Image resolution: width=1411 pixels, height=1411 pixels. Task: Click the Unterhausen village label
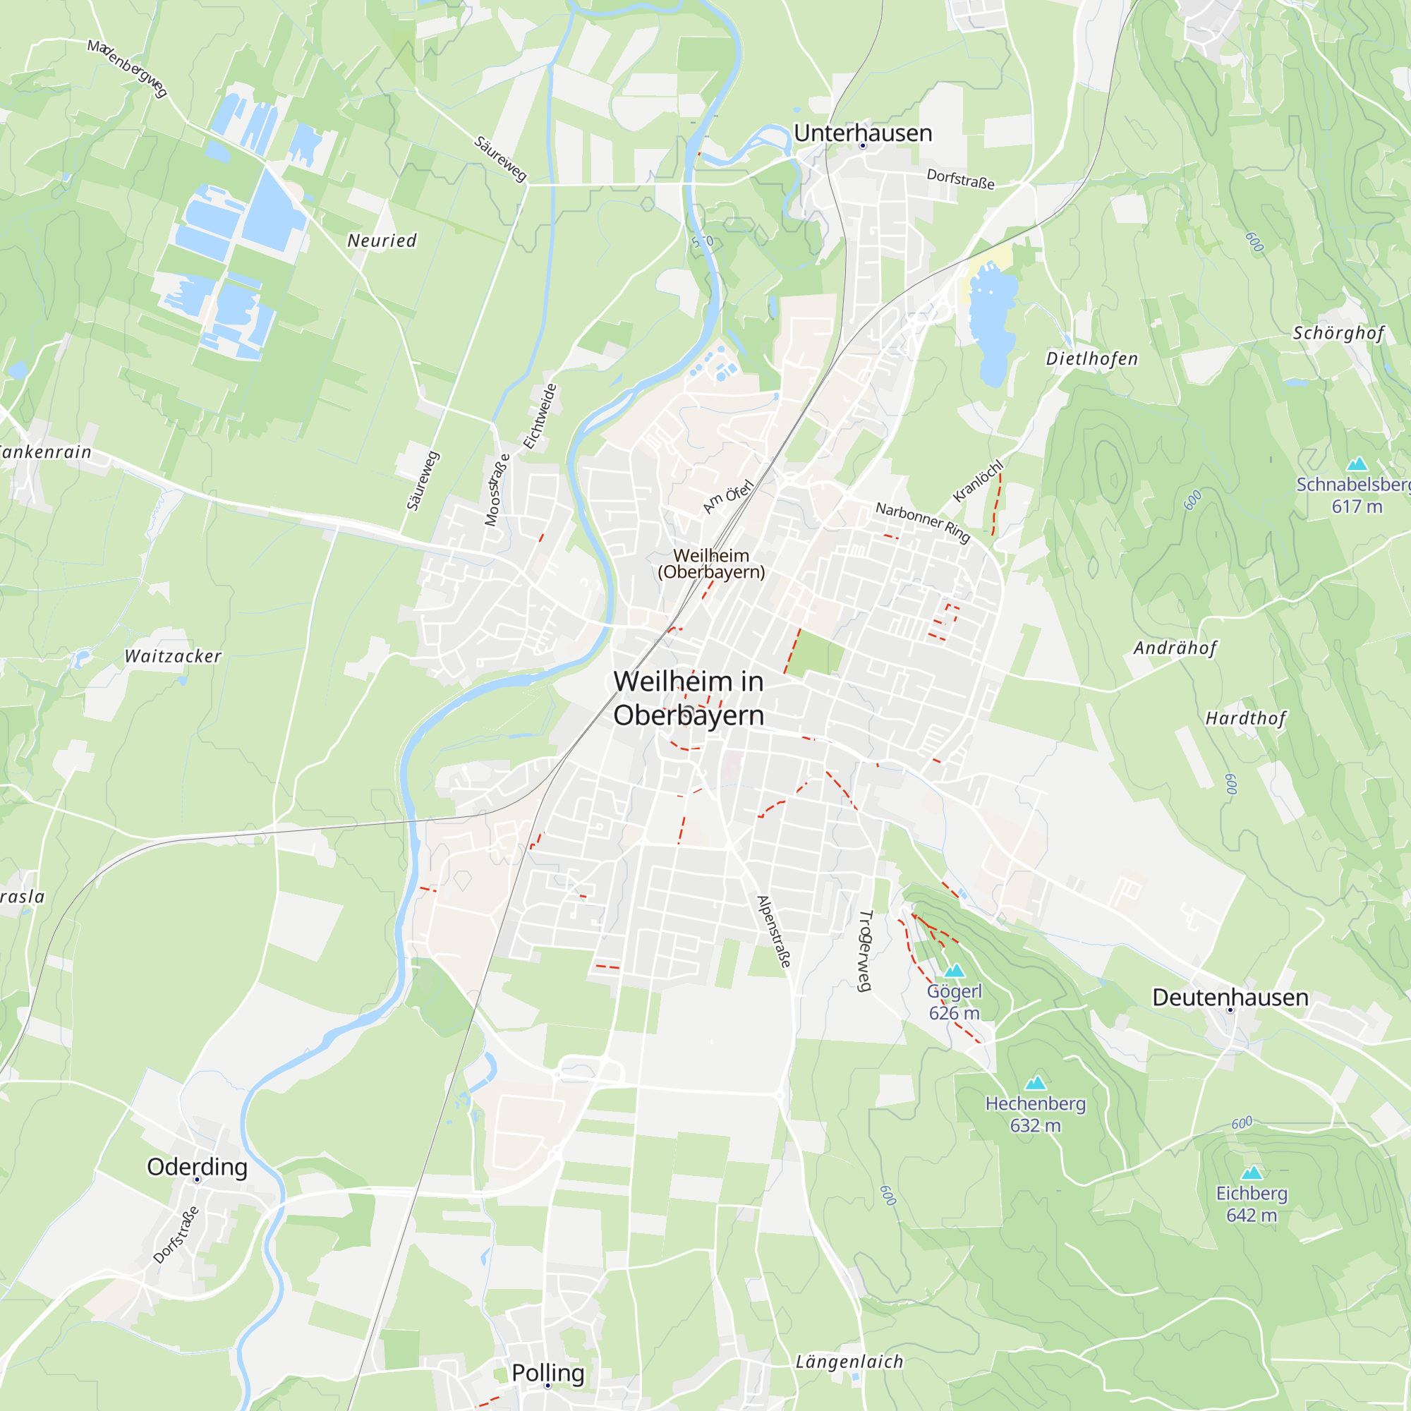[x=863, y=133]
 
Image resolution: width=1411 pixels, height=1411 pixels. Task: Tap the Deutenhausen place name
[x=1230, y=998]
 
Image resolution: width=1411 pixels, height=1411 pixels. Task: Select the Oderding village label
[x=198, y=1167]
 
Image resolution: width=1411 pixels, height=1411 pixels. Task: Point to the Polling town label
[x=547, y=1373]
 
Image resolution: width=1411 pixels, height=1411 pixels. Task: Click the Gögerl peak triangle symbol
[x=955, y=971]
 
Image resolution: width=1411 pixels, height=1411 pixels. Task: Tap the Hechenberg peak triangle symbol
[x=1036, y=1083]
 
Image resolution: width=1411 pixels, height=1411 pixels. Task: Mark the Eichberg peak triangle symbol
[x=1252, y=1173]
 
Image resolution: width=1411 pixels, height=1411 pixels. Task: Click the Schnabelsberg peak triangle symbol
[x=1357, y=464]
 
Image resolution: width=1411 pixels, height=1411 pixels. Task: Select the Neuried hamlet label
[x=382, y=241]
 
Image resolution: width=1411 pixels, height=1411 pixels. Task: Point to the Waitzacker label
[x=173, y=656]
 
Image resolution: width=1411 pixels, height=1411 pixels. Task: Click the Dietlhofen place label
[x=1092, y=358]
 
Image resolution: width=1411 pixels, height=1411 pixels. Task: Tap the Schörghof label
[x=1338, y=333]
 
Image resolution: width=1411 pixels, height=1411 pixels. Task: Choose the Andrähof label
[x=1175, y=648]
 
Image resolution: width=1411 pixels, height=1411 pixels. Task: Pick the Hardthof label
[x=1245, y=719]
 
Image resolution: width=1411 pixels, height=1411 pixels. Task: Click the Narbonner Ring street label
[x=922, y=522]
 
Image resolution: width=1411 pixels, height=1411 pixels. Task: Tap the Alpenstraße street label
[x=774, y=931]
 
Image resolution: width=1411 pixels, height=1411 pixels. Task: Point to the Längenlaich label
[x=849, y=1362]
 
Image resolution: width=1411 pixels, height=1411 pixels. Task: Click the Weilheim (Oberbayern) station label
[x=711, y=564]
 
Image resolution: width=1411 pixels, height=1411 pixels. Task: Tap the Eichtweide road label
[x=540, y=416]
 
